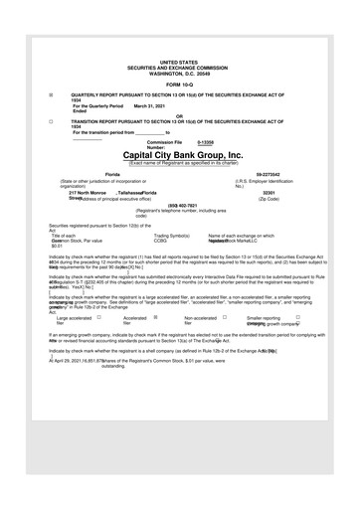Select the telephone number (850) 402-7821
pyautogui.click(x=180, y=206)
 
